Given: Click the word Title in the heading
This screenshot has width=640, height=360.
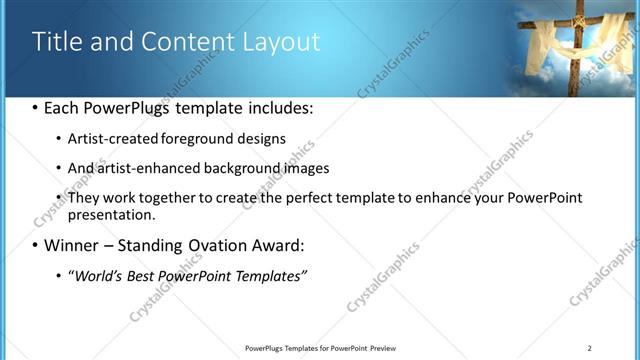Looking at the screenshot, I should tap(58, 42).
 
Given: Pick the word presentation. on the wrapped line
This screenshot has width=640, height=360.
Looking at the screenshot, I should tap(111, 214).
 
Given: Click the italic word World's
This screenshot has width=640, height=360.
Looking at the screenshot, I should tap(96, 275).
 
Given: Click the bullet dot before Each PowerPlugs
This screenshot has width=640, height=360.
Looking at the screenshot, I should tap(35, 108).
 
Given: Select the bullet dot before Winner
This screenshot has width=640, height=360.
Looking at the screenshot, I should tap(35, 245).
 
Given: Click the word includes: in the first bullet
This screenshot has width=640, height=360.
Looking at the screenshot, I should tap(278, 108).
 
